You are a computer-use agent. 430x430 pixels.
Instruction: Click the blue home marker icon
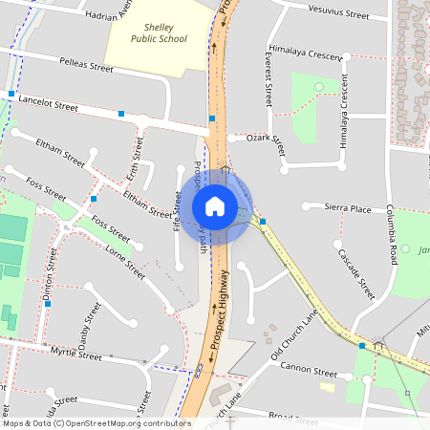pos(215,205)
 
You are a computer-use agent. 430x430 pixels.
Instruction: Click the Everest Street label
pos(269,79)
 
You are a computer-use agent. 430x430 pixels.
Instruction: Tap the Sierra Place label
pos(348,207)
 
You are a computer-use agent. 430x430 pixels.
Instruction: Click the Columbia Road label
pos(391,235)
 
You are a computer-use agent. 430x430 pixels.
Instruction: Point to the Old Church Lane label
pos(293,335)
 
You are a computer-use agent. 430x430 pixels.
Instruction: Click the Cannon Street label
pos(310,372)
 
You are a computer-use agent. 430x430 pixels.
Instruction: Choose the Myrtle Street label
pos(75,355)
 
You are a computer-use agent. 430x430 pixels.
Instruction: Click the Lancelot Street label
pos(48,103)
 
